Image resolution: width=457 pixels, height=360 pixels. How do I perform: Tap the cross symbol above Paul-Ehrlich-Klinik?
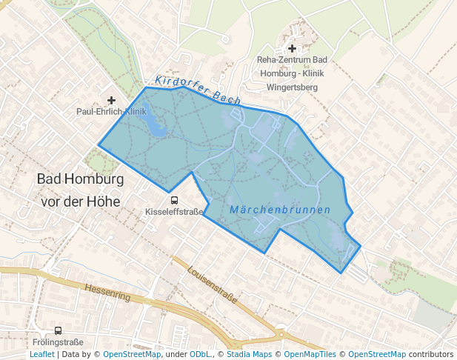tap(111, 100)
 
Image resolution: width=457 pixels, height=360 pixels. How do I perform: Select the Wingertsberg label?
tap(292, 87)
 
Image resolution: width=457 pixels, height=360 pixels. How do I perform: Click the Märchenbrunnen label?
tap(280, 210)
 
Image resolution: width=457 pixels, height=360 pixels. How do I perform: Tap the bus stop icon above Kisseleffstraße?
tap(174, 199)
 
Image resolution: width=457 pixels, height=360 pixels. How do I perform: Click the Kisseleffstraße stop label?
tap(174, 211)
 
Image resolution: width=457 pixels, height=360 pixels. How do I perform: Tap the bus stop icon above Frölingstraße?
tap(59, 330)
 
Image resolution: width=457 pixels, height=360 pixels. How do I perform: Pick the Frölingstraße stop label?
tap(59, 342)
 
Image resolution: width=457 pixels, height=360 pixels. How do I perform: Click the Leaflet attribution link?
tap(41, 354)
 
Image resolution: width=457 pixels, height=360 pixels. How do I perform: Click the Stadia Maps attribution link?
tap(248, 354)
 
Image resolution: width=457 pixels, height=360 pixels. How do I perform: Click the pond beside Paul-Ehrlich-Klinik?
tap(153, 124)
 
